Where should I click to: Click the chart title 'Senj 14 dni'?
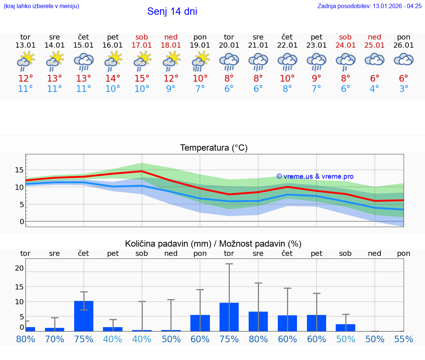(x=172, y=11)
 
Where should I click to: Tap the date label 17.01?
(x=142, y=45)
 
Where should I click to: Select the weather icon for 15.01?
(x=84, y=61)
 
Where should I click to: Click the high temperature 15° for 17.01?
(x=142, y=79)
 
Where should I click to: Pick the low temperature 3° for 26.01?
(x=404, y=89)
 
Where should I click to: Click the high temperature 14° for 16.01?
(x=113, y=79)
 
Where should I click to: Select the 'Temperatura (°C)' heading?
(x=214, y=148)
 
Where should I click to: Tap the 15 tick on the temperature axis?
(x=19, y=170)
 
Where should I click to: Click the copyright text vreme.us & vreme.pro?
(x=315, y=176)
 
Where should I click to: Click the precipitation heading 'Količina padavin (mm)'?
(x=168, y=244)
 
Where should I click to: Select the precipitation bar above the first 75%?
(x=84, y=316)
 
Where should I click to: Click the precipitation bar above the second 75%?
(x=229, y=317)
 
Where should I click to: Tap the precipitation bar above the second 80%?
(x=258, y=321)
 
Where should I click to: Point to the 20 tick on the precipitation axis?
(x=19, y=268)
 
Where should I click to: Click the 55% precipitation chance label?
(x=404, y=339)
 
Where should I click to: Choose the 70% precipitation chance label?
(x=55, y=339)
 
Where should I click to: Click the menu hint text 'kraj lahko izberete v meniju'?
(x=41, y=6)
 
